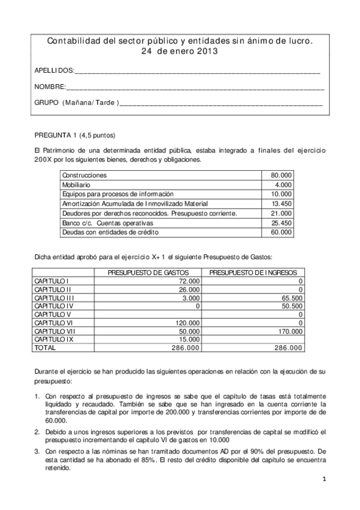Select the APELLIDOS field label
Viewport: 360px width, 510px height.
(55, 71)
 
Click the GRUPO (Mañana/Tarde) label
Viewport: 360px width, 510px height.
(76, 103)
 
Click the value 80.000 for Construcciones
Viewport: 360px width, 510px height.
(281, 175)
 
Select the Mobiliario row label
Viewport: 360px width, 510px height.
(77, 185)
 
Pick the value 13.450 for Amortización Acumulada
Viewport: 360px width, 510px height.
(281, 204)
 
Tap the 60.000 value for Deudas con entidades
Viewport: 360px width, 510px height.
(281, 233)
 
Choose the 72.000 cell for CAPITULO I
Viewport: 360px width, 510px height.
(189, 281)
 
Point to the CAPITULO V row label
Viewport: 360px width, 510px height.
(53, 315)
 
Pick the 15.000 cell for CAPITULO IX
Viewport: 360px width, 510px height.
(189, 340)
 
